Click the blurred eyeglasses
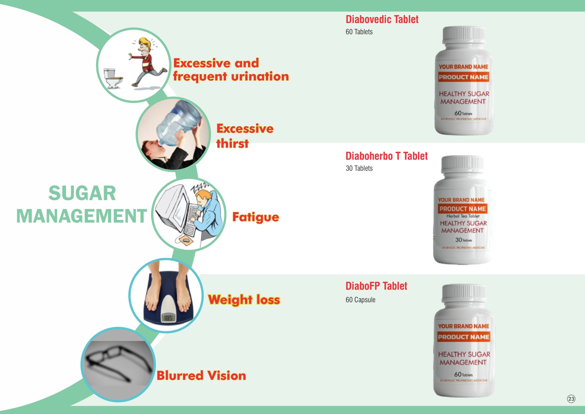coord(117,362)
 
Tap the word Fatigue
coord(255,217)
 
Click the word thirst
coord(232,143)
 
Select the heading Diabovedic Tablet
coord(382,20)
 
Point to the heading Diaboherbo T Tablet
coord(386,156)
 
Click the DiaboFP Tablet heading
coord(376,286)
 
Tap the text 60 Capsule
coord(360,300)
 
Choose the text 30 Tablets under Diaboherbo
coord(359,168)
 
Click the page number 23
coord(571,399)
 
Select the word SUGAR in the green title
coord(82,193)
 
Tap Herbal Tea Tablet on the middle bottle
coord(463,216)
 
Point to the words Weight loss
coord(244,299)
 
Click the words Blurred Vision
coord(201,376)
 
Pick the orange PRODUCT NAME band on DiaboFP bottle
coord(463,337)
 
